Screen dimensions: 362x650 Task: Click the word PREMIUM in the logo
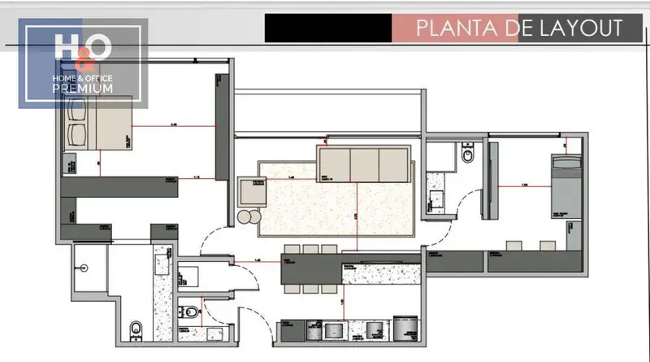[x=83, y=88]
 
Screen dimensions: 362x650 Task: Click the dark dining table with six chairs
[x=311, y=269]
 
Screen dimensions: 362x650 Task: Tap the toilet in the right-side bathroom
[x=468, y=154]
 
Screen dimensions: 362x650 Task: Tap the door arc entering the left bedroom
[x=210, y=240]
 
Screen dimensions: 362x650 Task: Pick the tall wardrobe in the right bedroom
[x=490, y=180]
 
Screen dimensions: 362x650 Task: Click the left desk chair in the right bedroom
[x=513, y=243]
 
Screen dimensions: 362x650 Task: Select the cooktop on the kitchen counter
[x=334, y=330]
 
